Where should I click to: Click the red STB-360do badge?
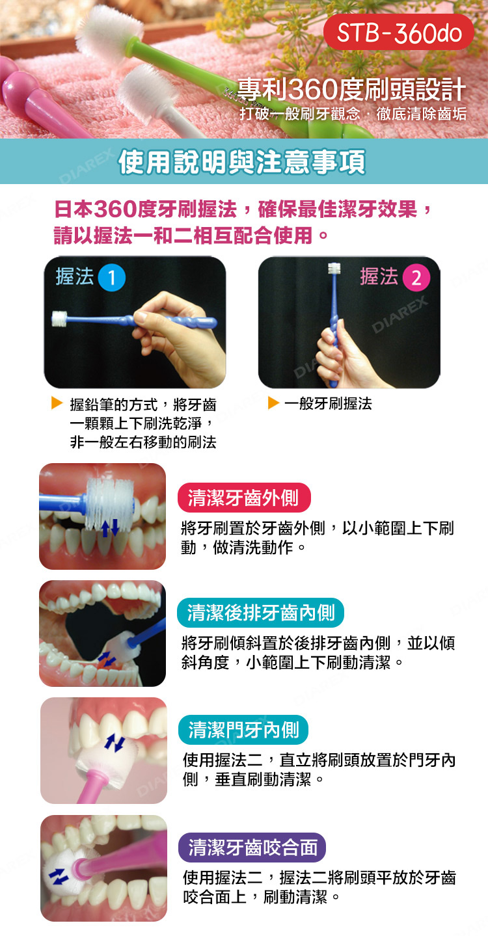click(x=398, y=32)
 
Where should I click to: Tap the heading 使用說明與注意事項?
click(x=242, y=162)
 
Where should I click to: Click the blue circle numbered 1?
click(x=112, y=278)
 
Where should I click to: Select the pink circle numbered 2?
click(x=416, y=278)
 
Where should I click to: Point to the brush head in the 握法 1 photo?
click(x=59, y=319)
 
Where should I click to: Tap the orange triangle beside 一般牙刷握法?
click(x=273, y=403)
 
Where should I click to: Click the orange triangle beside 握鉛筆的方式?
click(x=57, y=403)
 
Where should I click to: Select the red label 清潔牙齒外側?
click(x=244, y=498)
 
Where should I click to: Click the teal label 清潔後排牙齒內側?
click(x=260, y=613)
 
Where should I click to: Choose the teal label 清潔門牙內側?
click(x=243, y=730)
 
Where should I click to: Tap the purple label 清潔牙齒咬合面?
click(x=252, y=848)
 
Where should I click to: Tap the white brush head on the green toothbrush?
click(x=109, y=31)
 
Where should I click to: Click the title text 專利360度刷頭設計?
click(x=351, y=89)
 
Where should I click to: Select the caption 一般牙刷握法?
click(x=328, y=404)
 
